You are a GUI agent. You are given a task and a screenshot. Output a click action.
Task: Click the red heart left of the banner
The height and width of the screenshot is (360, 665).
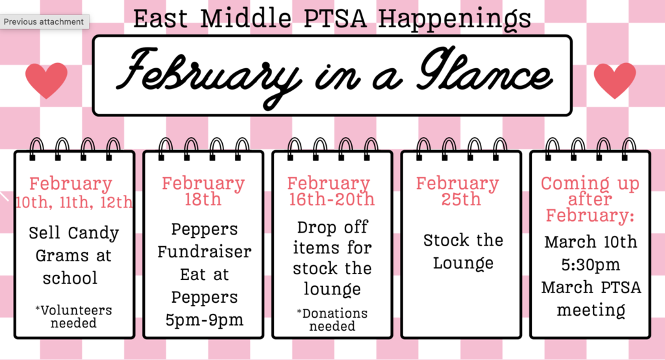(x=46, y=79)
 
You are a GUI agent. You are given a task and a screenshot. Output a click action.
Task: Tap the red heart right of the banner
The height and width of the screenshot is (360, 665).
(x=614, y=79)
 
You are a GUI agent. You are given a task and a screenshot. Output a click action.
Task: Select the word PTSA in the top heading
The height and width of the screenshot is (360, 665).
(x=336, y=18)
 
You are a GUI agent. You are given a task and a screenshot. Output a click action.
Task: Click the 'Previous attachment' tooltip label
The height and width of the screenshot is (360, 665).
(x=44, y=21)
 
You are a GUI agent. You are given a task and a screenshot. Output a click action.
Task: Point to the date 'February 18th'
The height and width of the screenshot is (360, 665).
(x=203, y=190)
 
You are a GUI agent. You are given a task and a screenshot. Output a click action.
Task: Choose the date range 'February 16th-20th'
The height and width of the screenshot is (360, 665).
(x=331, y=191)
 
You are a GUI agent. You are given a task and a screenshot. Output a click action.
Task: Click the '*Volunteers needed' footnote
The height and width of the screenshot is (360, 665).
(x=73, y=316)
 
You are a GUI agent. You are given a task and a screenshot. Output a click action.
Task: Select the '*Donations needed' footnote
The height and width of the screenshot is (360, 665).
(x=332, y=319)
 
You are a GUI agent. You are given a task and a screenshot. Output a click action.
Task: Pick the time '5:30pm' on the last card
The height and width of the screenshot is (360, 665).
(x=590, y=265)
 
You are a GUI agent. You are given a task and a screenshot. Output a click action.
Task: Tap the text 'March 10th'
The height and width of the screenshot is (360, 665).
(x=590, y=242)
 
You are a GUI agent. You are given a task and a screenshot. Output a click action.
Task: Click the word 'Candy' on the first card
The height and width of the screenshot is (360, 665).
(x=94, y=233)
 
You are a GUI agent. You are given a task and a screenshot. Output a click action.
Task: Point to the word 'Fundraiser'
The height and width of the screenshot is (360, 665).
(x=204, y=251)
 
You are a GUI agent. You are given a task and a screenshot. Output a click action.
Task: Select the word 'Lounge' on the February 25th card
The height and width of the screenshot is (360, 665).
(x=463, y=263)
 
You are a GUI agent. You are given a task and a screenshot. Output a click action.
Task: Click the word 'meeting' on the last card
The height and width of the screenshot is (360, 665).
(x=590, y=311)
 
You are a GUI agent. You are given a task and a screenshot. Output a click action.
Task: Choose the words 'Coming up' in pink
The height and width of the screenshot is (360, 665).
(x=590, y=184)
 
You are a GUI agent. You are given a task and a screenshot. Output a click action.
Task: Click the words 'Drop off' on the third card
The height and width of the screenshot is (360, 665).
(x=332, y=227)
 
